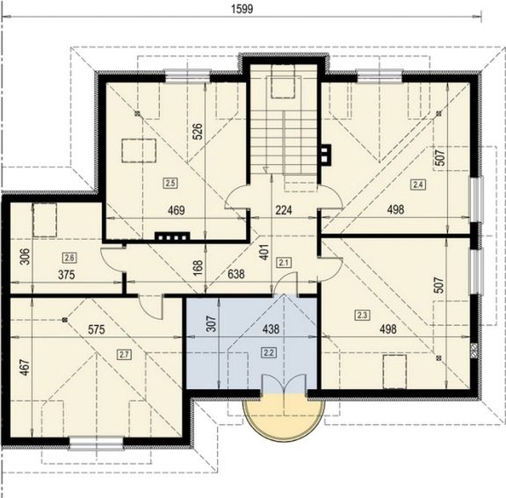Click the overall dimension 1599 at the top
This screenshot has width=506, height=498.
pyautogui.click(x=242, y=9)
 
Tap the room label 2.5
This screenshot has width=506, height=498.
pyautogui.click(x=170, y=183)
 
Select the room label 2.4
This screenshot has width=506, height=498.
pyautogui.click(x=418, y=184)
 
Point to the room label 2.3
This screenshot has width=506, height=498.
pyautogui.click(x=362, y=314)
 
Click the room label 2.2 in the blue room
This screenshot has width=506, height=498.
pyautogui.click(x=269, y=353)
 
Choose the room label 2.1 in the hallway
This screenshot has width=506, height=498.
pyautogui.click(x=284, y=263)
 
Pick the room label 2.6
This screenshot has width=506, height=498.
pyautogui.click(x=69, y=257)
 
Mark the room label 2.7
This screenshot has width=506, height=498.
pyautogui.click(x=124, y=355)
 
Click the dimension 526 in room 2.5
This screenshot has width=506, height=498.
pyautogui.click(x=198, y=131)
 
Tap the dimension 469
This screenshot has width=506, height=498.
pyautogui.click(x=177, y=210)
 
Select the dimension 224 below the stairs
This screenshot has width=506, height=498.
pyautogui.click(x=284, y=210)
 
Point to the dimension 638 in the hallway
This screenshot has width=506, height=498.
pyautogui.click(x=236, y=274)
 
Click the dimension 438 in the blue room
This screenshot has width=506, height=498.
pyautogui.click(x=271, y=329)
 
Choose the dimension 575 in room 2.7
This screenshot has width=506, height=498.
pyautogui.click(x=97, y=329)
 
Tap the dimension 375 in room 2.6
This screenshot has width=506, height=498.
pyautogui.click(x=67, y=275)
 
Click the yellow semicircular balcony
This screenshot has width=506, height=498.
pyautogui.click(x=284, y=416)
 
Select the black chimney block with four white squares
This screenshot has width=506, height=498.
pyautogui.click(x=172, y=237)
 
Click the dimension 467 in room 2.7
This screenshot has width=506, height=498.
pyautogui.click(x=25, y=367)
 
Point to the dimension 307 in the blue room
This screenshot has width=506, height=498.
pyautogui.click(x=212, y=323)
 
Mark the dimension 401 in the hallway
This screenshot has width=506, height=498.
pyautogui.click(x=264, y=252)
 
